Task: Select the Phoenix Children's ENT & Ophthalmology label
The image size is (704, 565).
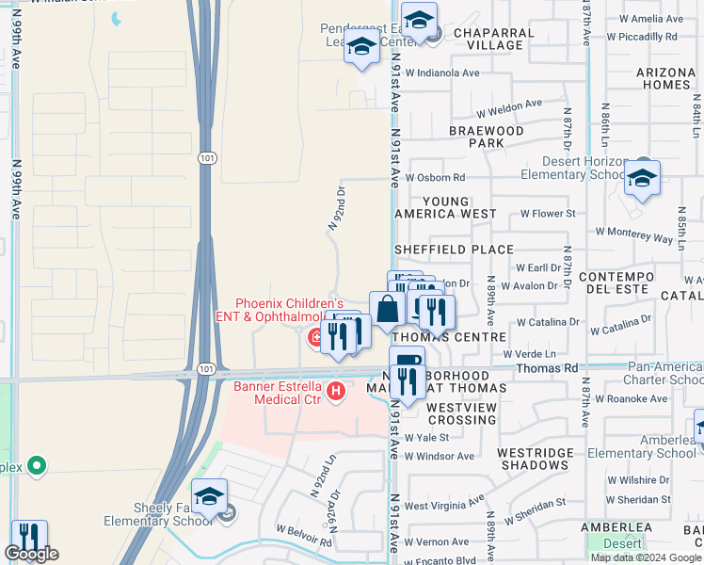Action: [288, 310]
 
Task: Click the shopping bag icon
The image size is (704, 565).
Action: [388, 308]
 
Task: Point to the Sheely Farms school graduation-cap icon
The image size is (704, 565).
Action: [209, 496]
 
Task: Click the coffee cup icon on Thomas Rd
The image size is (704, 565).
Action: [408, 362]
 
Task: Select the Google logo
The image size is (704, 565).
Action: [31, 554]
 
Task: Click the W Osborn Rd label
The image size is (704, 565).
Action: [435, 177]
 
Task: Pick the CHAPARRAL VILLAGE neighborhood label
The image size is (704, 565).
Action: [494, 39]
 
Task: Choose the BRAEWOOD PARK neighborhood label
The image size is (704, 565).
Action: [486, 137]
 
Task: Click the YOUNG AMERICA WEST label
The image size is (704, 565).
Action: [459, 207]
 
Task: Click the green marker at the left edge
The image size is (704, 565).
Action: [37, 465]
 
